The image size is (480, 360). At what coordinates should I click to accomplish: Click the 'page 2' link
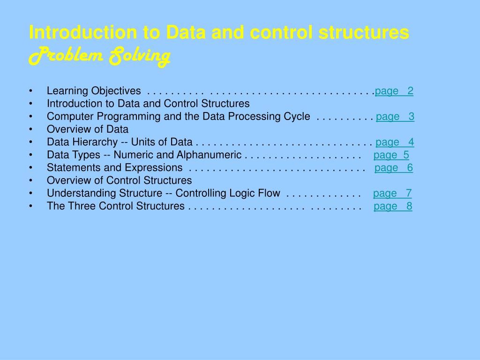pos(394,91)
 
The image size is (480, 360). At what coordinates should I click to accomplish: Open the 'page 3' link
pos(395,117)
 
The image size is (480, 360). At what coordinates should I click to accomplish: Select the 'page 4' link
pos(395,142)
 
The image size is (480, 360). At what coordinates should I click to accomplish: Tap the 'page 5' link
pos(391,155)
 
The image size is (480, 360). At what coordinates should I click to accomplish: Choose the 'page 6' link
pos(394,168)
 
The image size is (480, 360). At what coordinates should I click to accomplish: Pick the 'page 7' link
pos(392,193)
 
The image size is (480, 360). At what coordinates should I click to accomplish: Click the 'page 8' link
pos(393,206)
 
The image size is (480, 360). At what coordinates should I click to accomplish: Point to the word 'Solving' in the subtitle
pos(139,57)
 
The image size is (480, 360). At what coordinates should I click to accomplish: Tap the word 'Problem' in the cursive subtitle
pos(66,57)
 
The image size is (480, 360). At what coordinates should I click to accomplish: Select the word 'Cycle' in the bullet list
pos(297,117)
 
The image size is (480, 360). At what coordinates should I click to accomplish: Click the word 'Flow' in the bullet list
pos(269,193)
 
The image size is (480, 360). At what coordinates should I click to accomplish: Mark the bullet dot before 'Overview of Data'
pos(30,129)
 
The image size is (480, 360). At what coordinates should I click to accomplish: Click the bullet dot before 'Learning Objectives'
pos(30,91)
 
